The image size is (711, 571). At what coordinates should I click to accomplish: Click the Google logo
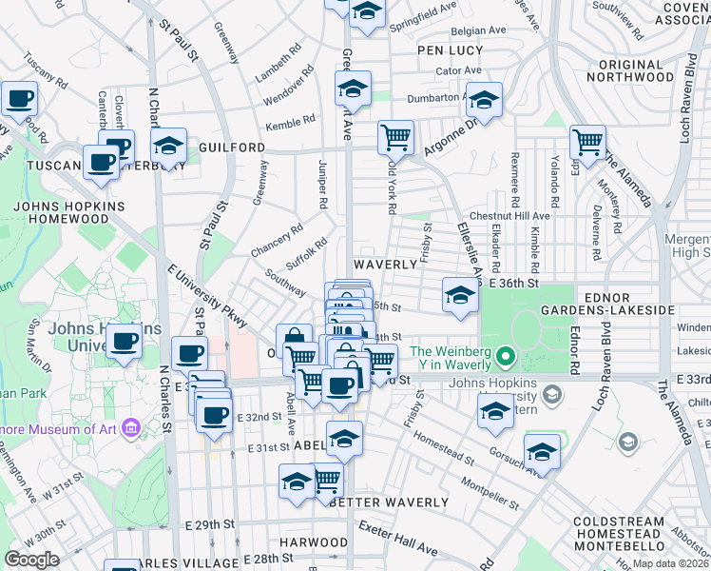(32, 559)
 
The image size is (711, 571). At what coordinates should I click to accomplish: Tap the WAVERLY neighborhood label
(385, 264)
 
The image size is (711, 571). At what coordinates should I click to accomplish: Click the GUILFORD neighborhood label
(233, 148)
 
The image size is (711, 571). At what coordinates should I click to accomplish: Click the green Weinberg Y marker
(506, 358)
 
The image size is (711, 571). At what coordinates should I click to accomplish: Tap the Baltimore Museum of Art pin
(131, 427)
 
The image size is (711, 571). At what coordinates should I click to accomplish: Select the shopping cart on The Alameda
(587, 142)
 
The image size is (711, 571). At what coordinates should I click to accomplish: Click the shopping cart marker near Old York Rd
(394, 136)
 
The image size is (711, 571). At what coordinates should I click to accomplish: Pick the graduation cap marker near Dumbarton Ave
(484, 100)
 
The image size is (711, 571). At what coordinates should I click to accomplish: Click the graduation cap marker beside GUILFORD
(168, 146)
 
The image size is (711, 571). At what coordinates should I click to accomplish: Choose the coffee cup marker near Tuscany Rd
(19, 97)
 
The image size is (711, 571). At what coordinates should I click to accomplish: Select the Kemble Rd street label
(290, 123)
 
